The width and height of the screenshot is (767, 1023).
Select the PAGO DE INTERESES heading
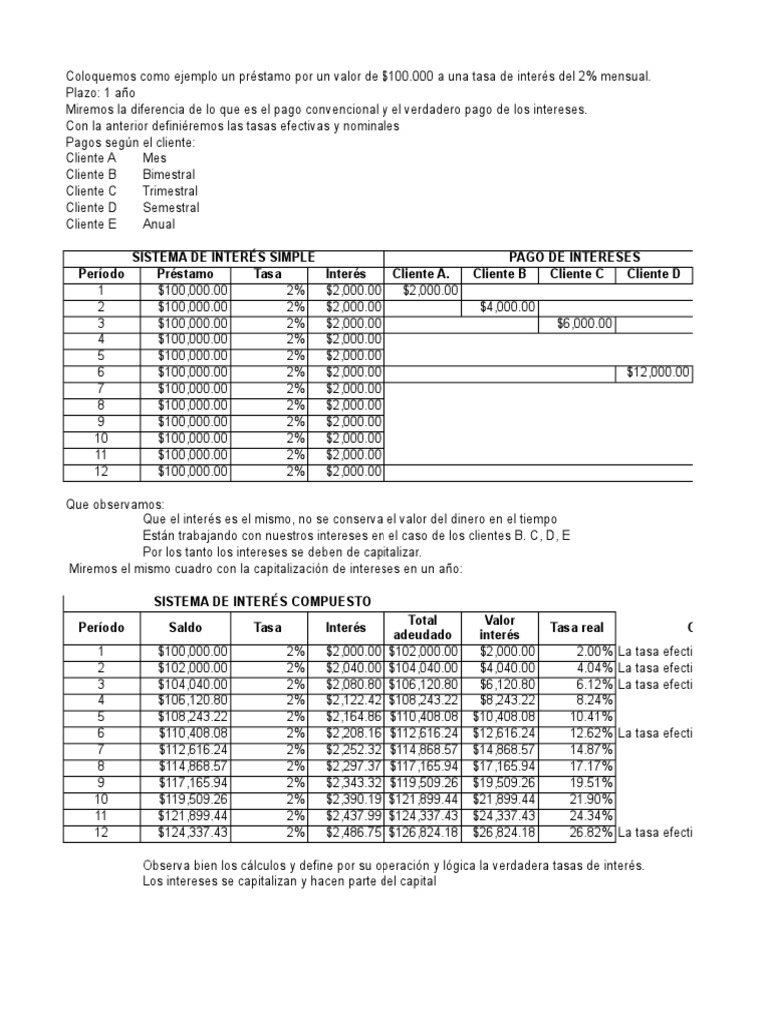click(x=574, y=258)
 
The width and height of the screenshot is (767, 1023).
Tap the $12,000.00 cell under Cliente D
click(x=658, y=373)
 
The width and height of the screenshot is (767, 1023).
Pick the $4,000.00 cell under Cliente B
click(x=507, y=307)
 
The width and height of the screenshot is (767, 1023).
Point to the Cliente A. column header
click(x=421, y=274)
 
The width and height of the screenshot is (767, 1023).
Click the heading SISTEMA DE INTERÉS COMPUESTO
click(x=261, y=601)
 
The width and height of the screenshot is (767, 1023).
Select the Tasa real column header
click(x=577, y=628)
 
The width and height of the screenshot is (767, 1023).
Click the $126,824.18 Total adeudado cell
click(x=423, y=833)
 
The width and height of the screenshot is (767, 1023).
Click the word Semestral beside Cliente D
click(x=171, y=208)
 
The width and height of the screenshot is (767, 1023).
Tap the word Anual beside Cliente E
click(x=159, y=224)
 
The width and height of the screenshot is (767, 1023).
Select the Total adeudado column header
click(x=423, y=627)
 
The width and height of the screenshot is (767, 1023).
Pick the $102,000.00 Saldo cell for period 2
click(x=192, y=667)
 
